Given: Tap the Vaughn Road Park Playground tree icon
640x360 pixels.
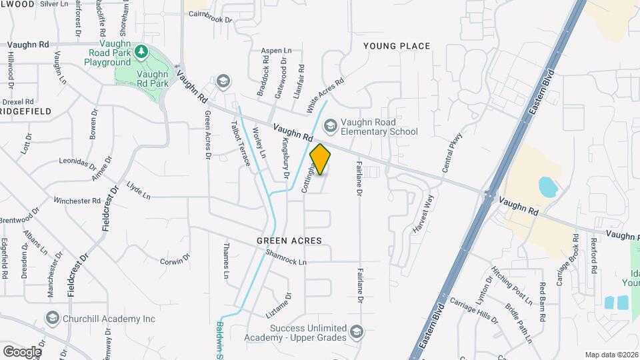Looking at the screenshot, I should point(141,51).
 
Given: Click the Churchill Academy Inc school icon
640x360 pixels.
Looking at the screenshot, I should point(51,319).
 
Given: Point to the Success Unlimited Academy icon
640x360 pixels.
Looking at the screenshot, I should point(357,332).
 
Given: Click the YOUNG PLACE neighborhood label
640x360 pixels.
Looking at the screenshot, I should point(397,46).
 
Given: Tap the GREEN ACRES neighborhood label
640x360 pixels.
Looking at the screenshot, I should point(289,240).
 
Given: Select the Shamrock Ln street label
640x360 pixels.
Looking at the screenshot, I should point(285,257).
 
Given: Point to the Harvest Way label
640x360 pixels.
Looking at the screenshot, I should point(423,213).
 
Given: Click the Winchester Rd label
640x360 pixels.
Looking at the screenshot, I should point(77,200).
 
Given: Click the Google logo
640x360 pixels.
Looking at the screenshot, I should point(21,351).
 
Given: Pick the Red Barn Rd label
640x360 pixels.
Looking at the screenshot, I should point(543,294).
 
